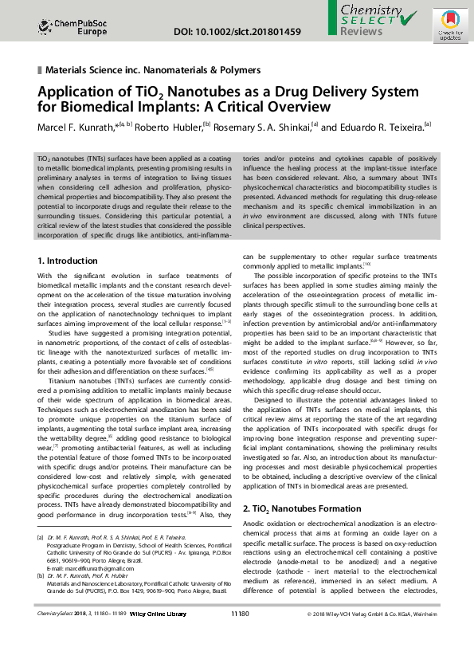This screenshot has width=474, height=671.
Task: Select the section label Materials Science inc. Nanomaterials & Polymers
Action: click(154, 70)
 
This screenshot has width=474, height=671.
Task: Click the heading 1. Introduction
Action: click(68, 261)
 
